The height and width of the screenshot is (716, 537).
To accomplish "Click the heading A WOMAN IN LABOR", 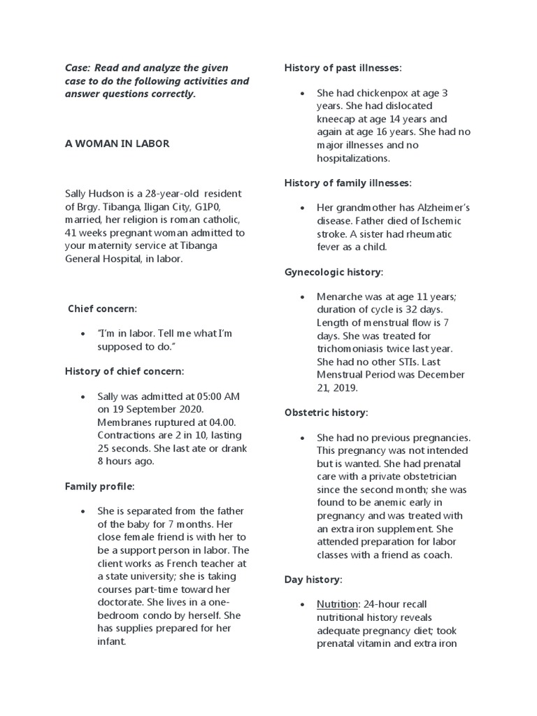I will [x=117, y=143].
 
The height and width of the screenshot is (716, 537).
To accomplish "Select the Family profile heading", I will [x=99, y=486].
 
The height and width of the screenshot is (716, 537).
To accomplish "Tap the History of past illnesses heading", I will [x=343, y=68].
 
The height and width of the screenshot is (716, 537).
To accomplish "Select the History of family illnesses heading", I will [x=348, y=182].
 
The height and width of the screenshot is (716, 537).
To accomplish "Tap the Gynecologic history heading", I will [x=334, y=271].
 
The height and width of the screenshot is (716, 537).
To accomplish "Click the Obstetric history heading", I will [x=325, y=413].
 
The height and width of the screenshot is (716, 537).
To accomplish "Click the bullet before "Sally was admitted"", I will [x=83, y=396].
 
